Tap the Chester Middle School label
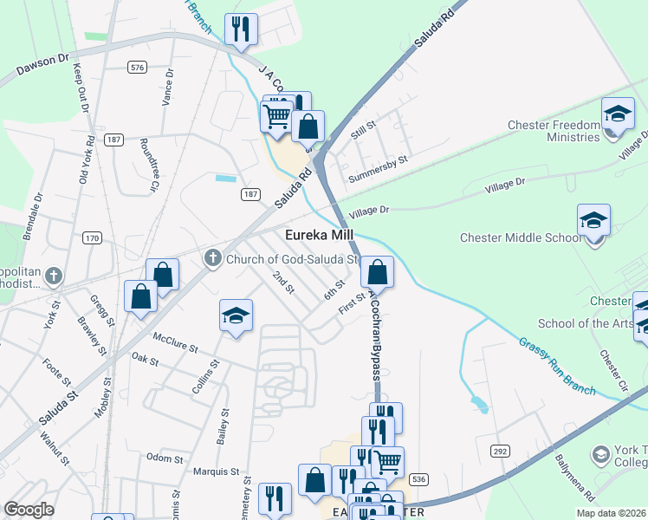[x=521, y=237]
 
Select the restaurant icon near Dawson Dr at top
[x=241, y=29]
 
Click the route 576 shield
[x=136, y=67]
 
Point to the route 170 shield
[x=93, y=237]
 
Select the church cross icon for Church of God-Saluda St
[x=213, y=257]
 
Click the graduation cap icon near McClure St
[x=236, y=317]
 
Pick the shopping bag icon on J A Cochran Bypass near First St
[x=377, y=272]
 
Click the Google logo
[x=29, y=510]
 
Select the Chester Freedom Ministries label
[x=554, y=131]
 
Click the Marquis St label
[x=216, y=472]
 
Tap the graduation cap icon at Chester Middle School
[x=594, y=220]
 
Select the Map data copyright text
[x=611, y=513]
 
